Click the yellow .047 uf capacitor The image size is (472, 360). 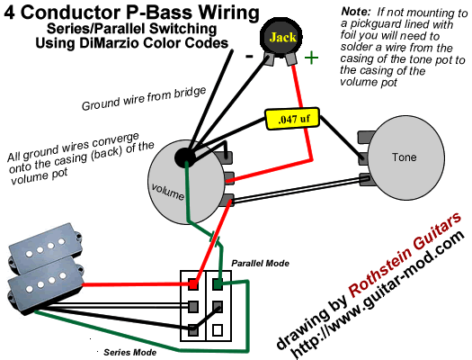292,119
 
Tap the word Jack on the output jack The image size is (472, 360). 282,38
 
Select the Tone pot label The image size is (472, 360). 404,157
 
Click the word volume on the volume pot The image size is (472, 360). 167,192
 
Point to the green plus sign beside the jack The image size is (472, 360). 311,58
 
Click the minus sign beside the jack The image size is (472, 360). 249,56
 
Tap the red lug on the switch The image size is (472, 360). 193,284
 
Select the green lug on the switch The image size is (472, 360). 218,283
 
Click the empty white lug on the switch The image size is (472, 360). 218,330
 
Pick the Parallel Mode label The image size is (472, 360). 260,264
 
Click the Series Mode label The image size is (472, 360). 129,352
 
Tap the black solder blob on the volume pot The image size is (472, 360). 184,157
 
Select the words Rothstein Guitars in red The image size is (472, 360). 405,253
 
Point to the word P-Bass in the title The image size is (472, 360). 158,13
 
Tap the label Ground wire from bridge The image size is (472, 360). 144,98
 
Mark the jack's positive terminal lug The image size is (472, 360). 291,59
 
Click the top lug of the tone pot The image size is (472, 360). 366,137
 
